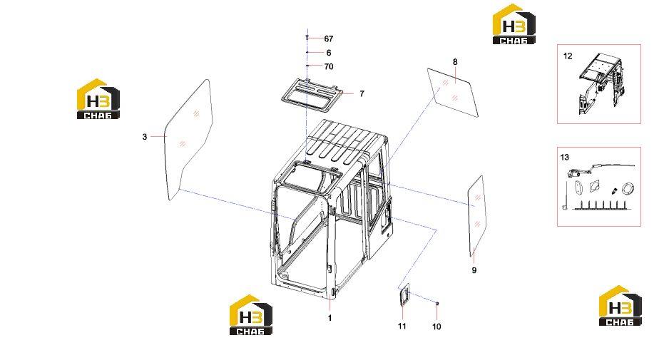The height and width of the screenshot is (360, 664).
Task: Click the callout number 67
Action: click(x=329, y=39)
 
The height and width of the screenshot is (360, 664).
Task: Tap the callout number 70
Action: click(x=329, y=66)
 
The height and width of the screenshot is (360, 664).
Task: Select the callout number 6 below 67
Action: click(x=329, y=53)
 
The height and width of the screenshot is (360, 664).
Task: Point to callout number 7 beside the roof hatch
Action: click(x=362, y=93)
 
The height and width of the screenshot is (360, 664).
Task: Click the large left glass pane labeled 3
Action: click(x=188, y=140)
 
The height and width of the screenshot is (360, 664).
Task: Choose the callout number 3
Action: click(x=145, y=137)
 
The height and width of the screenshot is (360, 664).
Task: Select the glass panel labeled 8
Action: click(x=453, y=93)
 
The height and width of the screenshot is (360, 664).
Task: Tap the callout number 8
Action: click(x=455, y=62)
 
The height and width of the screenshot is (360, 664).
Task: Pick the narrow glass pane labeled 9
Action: click(x=476, y=216)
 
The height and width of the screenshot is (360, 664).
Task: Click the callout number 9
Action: click(x=474, y=270)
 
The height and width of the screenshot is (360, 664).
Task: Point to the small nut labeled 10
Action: click(x=437, y=303)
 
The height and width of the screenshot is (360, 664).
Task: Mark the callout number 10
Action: click(x=436, y=326)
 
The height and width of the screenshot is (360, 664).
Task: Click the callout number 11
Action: click(x=402, y=326)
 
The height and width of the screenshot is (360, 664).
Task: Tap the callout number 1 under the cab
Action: click(x=330, y=318)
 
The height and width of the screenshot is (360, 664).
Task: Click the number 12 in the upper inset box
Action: click(x=568, y=56)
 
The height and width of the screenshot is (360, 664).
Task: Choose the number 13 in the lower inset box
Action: click(x=564, y=158)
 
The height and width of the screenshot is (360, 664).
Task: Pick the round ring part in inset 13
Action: click(x=628, y=188)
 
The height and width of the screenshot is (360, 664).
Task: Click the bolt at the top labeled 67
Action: click(x=307, y=38)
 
